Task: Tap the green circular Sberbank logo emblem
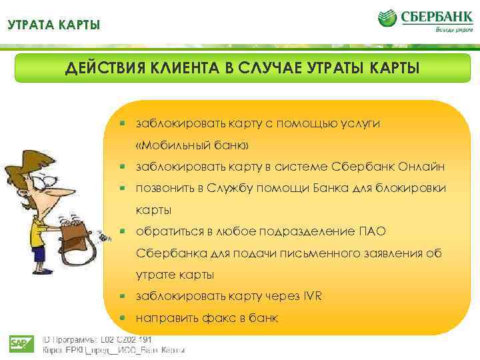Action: (389, 18)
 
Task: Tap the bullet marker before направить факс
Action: (123, 317)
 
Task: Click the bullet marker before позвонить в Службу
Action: (123, 189)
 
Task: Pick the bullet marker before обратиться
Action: (123, 231)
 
